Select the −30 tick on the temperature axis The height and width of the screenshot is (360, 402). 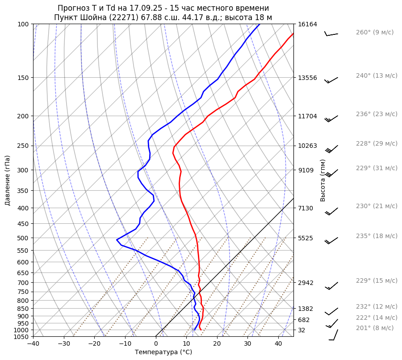tap(64, 344)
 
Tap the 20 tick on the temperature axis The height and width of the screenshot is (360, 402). tap(217, 344)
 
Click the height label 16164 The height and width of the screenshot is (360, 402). tap(307, 24)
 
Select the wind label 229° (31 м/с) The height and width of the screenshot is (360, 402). tap(377, 168)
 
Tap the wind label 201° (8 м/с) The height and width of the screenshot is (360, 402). tap(375, 328)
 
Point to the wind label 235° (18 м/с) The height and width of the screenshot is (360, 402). tap(377, 236)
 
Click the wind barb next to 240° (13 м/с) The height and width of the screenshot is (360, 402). tap(331, 80)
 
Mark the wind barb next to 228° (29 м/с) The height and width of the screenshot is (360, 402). tap(331, 148)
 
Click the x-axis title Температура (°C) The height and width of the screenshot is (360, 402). tap(163, 352)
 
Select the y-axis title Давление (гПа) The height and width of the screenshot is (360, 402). tap(8, 180)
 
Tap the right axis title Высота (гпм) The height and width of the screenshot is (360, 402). tap(323, 180)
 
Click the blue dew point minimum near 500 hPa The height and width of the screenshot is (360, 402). tap(117, 240)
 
